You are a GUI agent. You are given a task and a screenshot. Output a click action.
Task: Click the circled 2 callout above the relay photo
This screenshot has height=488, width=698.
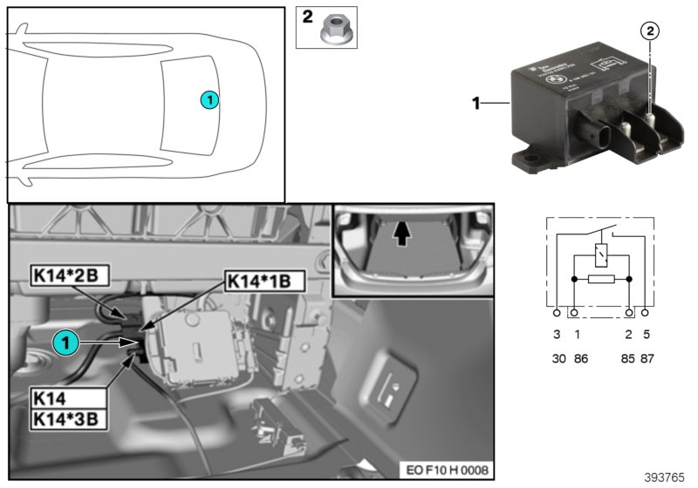click(649, 31)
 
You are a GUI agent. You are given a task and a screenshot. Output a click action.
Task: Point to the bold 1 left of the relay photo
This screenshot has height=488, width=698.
click(476, 103)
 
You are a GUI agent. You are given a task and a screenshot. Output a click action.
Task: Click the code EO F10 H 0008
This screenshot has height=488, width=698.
click(447, 470)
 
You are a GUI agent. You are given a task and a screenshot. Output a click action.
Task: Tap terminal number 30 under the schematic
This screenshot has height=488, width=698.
click(558, 358)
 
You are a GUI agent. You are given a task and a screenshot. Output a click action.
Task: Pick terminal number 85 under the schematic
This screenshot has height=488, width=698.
click(628, 358)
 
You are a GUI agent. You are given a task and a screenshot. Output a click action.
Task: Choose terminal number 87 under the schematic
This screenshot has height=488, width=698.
click(647, 358)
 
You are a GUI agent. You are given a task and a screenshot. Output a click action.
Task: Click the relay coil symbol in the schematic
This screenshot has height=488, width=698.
click(601, 255)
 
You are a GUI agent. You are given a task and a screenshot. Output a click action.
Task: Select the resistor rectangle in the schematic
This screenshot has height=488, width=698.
click(601, 280)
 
